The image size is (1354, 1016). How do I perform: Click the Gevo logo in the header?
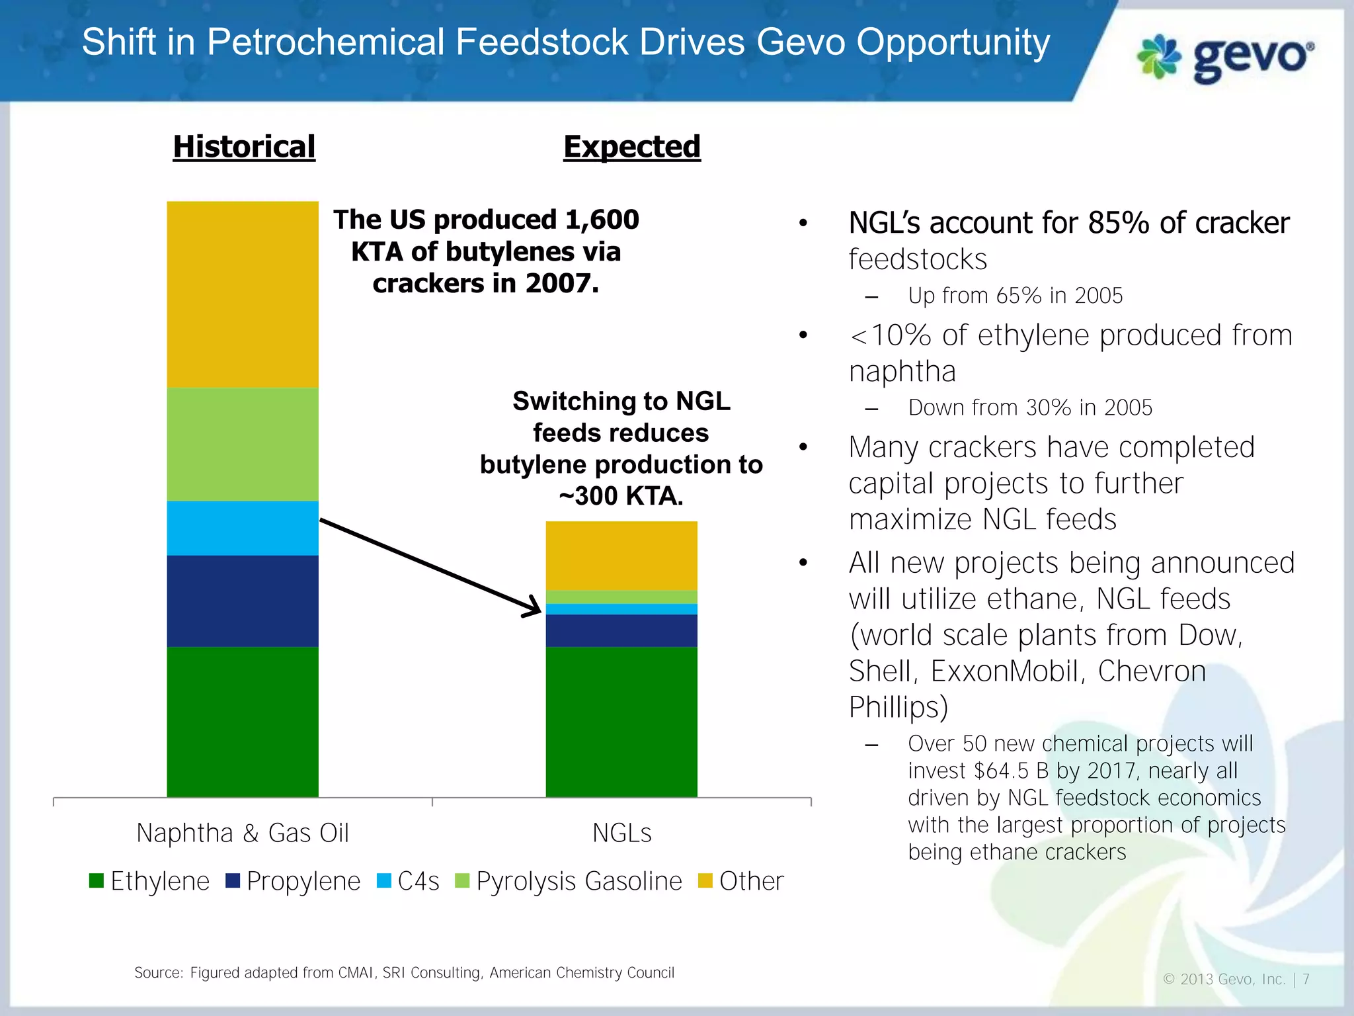pyautogui.click(x=1224, y=58)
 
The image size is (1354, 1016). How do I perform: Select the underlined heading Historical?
pyautogui.click(x=244, y=146)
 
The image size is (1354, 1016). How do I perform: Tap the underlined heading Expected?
pyautogui.click(x=631, y=146)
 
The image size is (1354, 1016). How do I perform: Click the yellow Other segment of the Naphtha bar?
pyautogui.click(x=243, y=294)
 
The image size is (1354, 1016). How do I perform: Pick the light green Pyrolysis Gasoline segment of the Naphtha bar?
pyautogui.click(x=243, y=444)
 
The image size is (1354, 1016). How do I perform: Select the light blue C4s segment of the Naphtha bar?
pyautogui.click(x=243, y=528)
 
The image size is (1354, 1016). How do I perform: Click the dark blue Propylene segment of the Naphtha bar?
pyautogui.click(x=243, y=601)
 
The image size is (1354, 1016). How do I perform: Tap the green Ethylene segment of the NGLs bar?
pyautogui.click(x=621, y=721)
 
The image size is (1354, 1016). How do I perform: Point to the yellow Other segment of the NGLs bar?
pyautogui.click(x=621, y=556)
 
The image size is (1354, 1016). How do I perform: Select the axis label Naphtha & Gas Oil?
pyautogui.click(x=243, y=833)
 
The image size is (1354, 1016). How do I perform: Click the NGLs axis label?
pyautogui.click(x=621, y=833)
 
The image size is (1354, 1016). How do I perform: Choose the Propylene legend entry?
pyautogui.click(x=294, y=881)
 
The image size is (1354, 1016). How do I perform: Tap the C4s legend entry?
pyautogui.click(x=409, y=881)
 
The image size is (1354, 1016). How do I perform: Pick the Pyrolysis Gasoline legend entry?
pyautogui.click(x=569, y=881)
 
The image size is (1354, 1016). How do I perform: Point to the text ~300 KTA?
pyautogui.click(x=621, y=496)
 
